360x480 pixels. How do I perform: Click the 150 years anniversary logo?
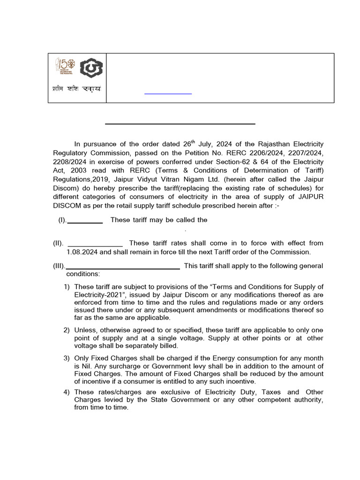64,67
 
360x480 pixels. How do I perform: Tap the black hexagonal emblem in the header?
89,68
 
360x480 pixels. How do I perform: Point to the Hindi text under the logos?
76,89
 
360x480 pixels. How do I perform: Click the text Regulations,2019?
79,179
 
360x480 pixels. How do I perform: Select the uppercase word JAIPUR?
307,196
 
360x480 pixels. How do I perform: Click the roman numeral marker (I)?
62,220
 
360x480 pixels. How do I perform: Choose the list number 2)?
67,330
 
